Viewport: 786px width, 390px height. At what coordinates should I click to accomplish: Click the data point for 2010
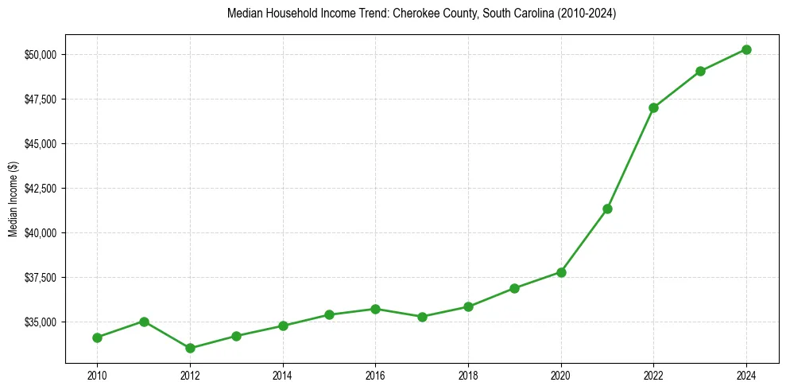click(97, 337)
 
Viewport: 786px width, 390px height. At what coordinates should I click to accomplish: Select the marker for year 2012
click(190, 348)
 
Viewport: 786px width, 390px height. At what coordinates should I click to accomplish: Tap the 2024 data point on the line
click(746, 49)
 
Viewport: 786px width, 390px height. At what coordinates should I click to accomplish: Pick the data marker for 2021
click(607, 209)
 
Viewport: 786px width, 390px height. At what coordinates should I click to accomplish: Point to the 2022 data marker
click(653, 107)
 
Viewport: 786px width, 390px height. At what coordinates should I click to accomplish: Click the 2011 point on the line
click(144, 322)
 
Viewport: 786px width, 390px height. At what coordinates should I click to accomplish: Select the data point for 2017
click(422, 317)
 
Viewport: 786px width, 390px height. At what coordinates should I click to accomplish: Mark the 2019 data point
click(514, 288)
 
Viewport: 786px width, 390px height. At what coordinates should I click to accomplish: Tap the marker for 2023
click(700, 71)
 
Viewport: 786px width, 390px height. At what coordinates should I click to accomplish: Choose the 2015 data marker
click(329, 314)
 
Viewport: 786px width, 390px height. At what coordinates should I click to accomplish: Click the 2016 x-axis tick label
click(375, 374)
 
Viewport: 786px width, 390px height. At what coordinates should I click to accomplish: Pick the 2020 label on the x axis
click(561, 374)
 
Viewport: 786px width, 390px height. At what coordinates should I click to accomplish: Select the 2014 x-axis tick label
click(283, 374)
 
